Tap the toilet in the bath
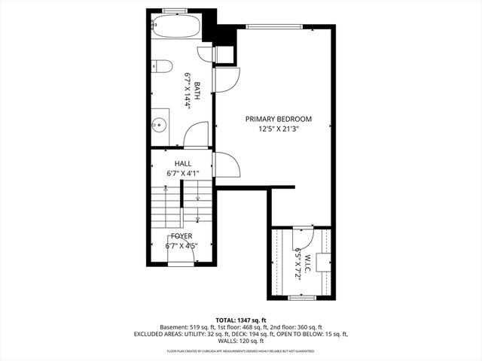tap(160, 68)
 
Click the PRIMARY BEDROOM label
tap(278, 119)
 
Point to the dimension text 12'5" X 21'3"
tap(278, 129)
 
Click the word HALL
tap(182, 163)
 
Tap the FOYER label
tap(182, 235)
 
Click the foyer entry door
tap(182, 260)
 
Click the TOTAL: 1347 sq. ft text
tap(240, 320)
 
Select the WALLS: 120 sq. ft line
tap(241, 341)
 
